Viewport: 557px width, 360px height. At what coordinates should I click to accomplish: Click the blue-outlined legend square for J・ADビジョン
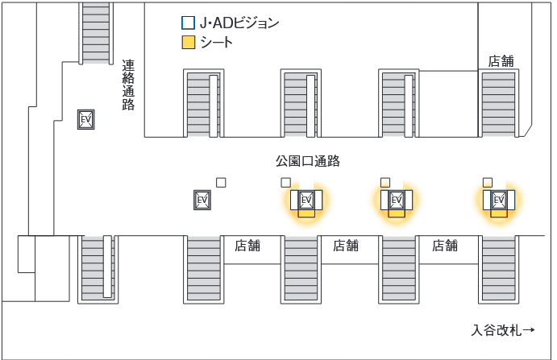[188, 23]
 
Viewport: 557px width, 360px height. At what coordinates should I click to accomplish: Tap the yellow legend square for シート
[188, 43]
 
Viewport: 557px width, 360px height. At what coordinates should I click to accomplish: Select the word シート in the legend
[216, 43]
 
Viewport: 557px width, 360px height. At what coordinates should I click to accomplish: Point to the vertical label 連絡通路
[128, 84]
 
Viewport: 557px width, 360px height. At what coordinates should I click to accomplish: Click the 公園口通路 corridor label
[308, 161]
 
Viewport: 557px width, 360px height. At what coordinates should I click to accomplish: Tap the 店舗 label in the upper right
[501, 60]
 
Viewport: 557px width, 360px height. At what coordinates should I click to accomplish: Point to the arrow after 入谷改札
[530, 330]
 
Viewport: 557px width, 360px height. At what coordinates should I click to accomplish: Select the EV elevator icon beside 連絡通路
[85, 120]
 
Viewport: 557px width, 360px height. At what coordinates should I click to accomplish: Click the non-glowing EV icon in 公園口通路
[202, 200]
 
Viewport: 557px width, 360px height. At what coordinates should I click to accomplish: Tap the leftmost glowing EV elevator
[306, 200]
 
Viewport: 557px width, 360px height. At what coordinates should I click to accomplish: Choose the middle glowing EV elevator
[396, 200]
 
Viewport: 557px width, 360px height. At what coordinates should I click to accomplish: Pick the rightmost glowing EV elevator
[499, 200]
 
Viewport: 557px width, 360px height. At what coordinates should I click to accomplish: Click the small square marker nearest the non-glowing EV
[221, 182]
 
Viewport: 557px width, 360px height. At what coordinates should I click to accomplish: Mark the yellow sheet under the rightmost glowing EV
[499, 214]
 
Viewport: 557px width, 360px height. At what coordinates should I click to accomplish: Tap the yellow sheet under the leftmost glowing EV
[306, 214]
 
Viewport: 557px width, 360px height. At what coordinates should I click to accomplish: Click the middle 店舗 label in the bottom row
[346, 246]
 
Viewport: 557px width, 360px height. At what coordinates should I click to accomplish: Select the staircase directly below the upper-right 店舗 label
[498, 101]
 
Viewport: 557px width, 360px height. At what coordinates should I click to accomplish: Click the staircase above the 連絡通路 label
[96, 32]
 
